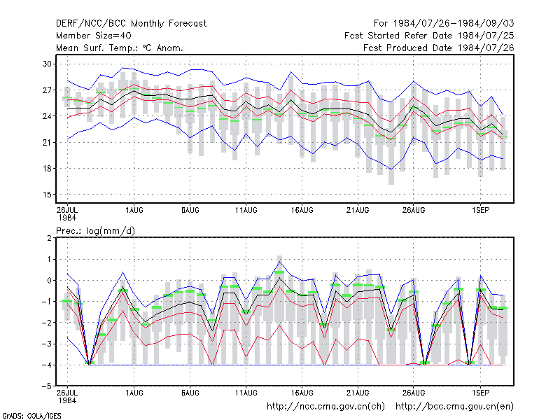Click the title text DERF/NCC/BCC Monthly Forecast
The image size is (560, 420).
[131, 24]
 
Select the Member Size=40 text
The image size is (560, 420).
[94, 36]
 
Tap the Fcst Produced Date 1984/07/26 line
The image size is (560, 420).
[439, 48]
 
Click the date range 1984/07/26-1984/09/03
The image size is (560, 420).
[454, 24]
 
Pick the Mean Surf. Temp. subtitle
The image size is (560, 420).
[120, 48]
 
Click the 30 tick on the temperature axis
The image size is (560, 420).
[47, 64]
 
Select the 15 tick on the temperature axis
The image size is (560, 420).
[47, 195]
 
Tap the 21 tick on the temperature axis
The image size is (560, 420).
[47, 143]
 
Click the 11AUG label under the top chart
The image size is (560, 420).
[246, 210]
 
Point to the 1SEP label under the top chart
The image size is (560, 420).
[480, 210]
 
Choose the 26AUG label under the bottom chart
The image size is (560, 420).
[414, 393]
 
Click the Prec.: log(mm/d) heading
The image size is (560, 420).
[95, 231]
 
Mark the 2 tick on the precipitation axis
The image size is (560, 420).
[49, 238]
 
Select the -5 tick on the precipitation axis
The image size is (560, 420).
[46, 386]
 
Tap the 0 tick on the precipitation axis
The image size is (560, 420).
[49, 281]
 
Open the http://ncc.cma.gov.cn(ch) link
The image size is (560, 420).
[325, 407]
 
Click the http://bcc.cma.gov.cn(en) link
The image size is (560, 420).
[454, 407]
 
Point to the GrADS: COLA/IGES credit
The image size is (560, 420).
[32, 416]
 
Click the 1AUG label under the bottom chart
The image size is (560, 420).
[134, 393]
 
